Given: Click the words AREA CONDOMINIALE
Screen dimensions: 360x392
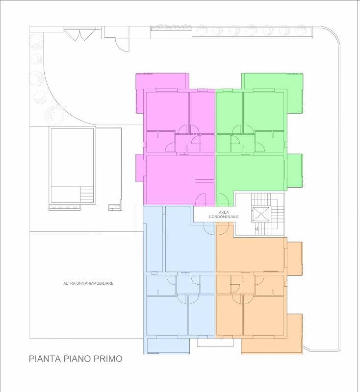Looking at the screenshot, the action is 224,215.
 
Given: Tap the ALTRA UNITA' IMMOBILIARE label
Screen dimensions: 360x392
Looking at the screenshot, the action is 88,283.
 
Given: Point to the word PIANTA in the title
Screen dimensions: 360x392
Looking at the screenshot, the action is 45,359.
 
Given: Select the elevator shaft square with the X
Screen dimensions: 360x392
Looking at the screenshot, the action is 261,214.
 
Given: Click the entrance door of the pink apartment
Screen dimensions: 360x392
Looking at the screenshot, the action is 201,199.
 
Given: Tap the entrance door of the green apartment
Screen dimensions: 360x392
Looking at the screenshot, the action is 223,200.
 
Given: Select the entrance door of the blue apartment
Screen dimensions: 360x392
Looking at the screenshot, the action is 208,228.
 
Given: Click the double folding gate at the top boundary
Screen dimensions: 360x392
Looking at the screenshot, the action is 79,35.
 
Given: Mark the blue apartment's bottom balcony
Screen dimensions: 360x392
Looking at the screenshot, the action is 168,346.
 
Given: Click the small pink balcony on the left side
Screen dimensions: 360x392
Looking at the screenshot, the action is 139,168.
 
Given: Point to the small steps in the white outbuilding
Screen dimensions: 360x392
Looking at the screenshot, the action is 86,194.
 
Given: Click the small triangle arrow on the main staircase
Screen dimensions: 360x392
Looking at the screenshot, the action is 257,229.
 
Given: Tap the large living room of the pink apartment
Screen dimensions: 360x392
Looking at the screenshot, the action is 180,179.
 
